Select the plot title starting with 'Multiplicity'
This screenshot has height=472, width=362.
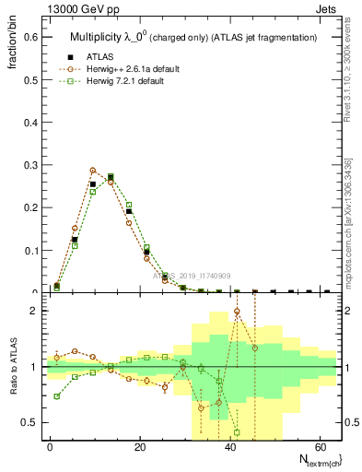(193, 38)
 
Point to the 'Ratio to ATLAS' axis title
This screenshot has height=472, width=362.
(14, 367)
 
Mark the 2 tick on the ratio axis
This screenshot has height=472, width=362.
(33, 311)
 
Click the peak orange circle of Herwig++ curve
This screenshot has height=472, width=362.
(93, 171)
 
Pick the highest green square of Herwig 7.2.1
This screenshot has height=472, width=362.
(111, 176)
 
